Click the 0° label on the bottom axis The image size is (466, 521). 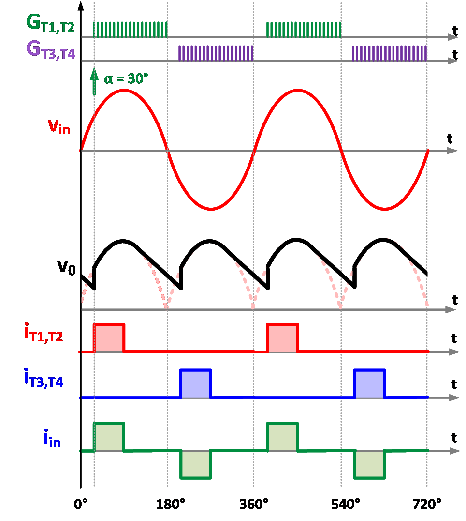(81, 505)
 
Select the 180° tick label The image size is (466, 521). (171, 505)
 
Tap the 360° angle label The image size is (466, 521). (254, 505)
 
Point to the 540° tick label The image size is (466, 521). (345, 505)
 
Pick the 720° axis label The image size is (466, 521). (427, 505)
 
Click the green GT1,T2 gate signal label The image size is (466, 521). (50, 24)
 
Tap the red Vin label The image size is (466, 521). (59, 126)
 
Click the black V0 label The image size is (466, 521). (66, 267)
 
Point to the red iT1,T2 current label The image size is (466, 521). (44, 333)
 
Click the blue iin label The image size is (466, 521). (52, 438)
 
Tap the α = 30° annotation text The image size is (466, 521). (126, 79)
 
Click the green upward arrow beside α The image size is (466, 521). (94, 82)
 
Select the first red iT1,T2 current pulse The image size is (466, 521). (109, 338)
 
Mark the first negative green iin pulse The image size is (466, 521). (196, 464)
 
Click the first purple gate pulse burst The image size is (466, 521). (216, 53)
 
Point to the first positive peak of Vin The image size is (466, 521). (124, 90)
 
